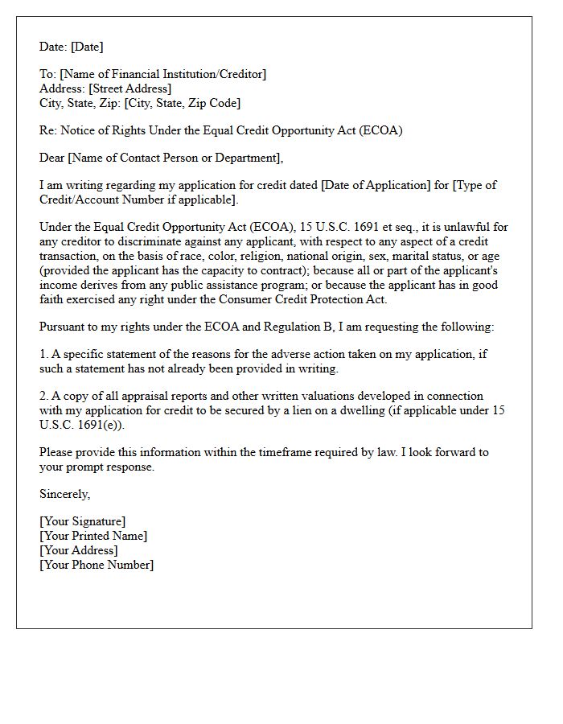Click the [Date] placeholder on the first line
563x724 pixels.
point(88,47)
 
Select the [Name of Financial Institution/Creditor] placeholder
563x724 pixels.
point(162,74)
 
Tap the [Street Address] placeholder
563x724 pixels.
point(130,88)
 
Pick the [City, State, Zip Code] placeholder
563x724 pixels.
point(183,103)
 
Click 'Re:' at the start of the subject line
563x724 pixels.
point(48,130)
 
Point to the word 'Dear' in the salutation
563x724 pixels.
point(52,158)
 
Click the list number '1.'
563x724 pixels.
point(44,354)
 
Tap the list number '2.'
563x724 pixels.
point(44,396)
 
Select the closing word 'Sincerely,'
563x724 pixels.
point(65,494)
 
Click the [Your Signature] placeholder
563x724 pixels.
point(83,521)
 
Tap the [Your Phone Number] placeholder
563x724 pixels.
point(97,565)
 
